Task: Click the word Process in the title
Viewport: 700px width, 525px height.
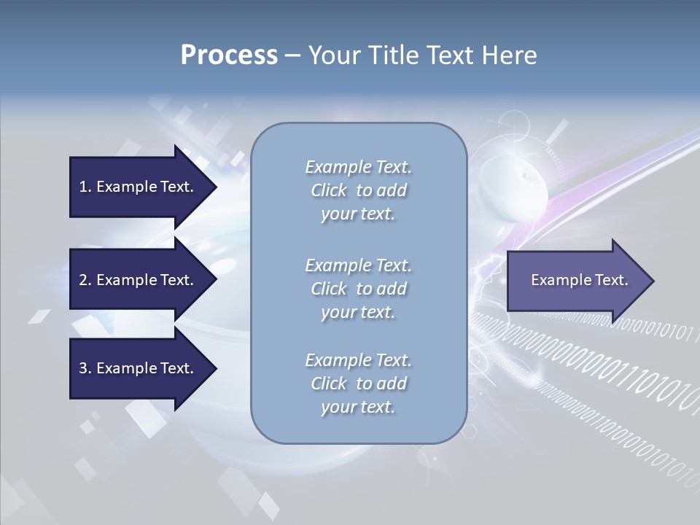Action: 229,55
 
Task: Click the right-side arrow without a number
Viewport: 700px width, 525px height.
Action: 576,280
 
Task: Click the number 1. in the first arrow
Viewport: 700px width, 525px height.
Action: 85,187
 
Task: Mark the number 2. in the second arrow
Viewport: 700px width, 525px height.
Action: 85,280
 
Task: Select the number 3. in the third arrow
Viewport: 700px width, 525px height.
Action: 85,368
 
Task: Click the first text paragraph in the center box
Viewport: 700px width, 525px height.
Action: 358,190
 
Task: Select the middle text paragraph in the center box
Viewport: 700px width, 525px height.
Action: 358,289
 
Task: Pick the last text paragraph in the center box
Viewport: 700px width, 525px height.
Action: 358,384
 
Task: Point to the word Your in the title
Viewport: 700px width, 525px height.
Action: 332,55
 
